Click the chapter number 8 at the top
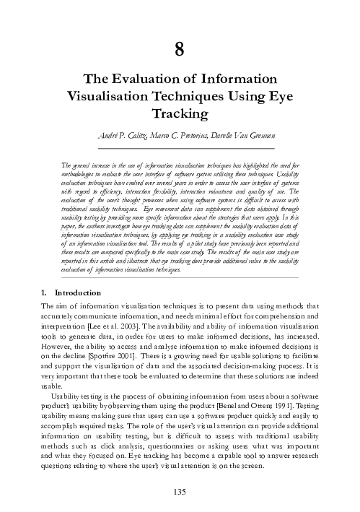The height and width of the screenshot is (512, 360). (180, 49)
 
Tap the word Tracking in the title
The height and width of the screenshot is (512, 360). (180, 114)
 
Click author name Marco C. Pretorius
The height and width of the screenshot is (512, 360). (172, 137)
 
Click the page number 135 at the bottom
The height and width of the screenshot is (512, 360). (180, 492)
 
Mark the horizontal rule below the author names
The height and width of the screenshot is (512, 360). (180, 147)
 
